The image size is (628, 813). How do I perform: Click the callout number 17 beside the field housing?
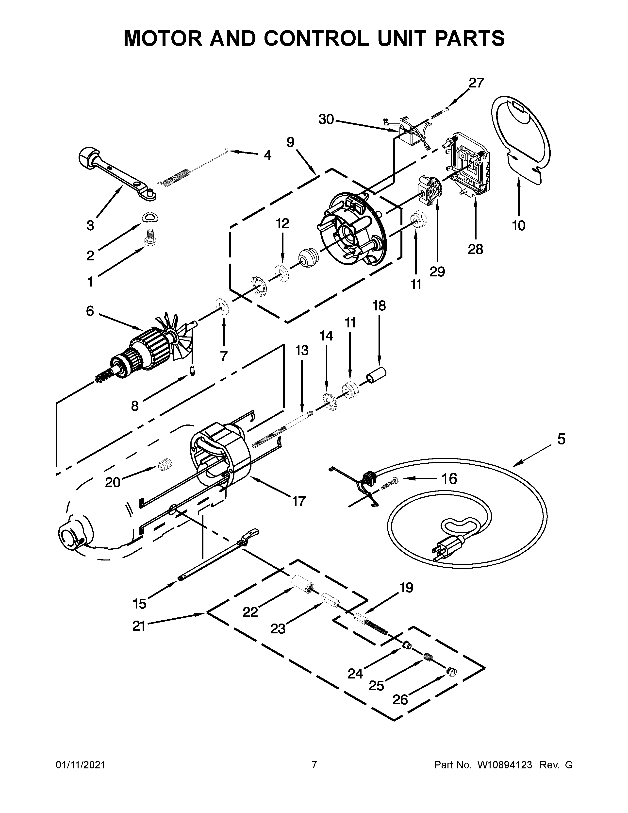(299, 501)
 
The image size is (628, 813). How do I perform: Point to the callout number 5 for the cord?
(561, 439)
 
